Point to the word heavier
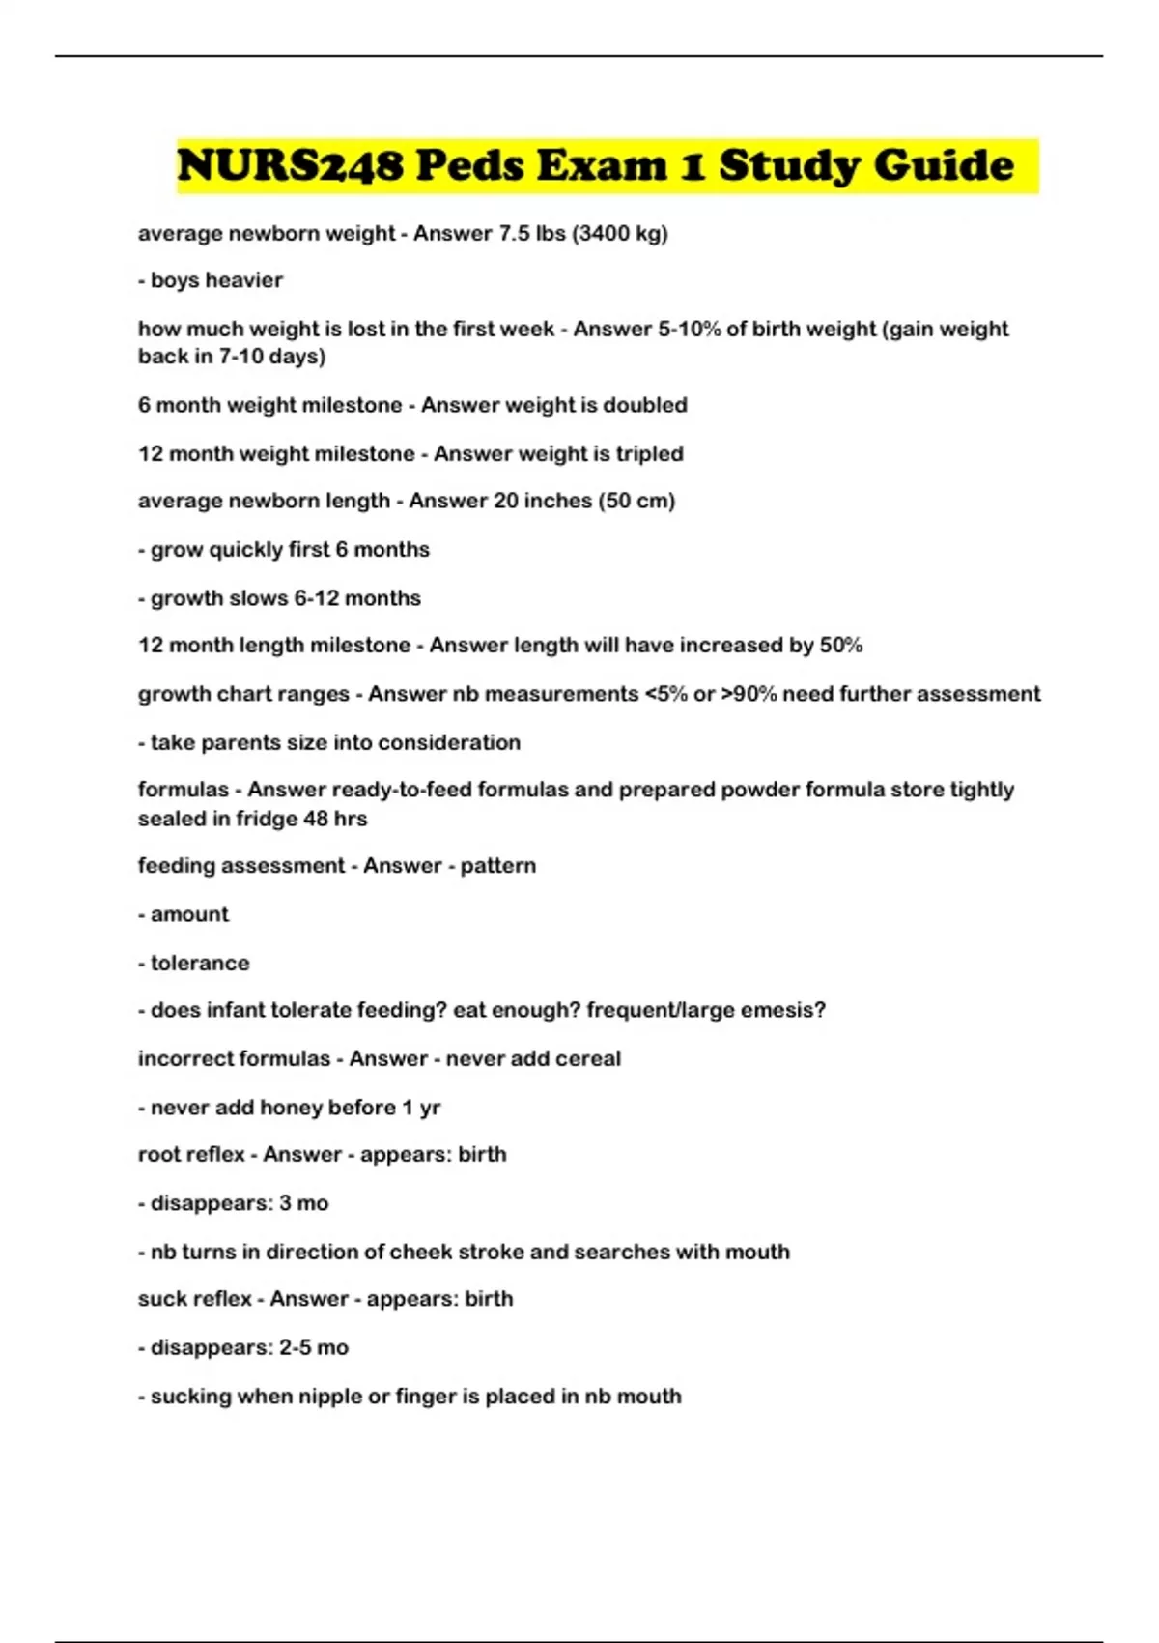pos(243,280)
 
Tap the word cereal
pos(588,1058)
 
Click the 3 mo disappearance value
pos(304,1203)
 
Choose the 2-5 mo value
pos(314,1347)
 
